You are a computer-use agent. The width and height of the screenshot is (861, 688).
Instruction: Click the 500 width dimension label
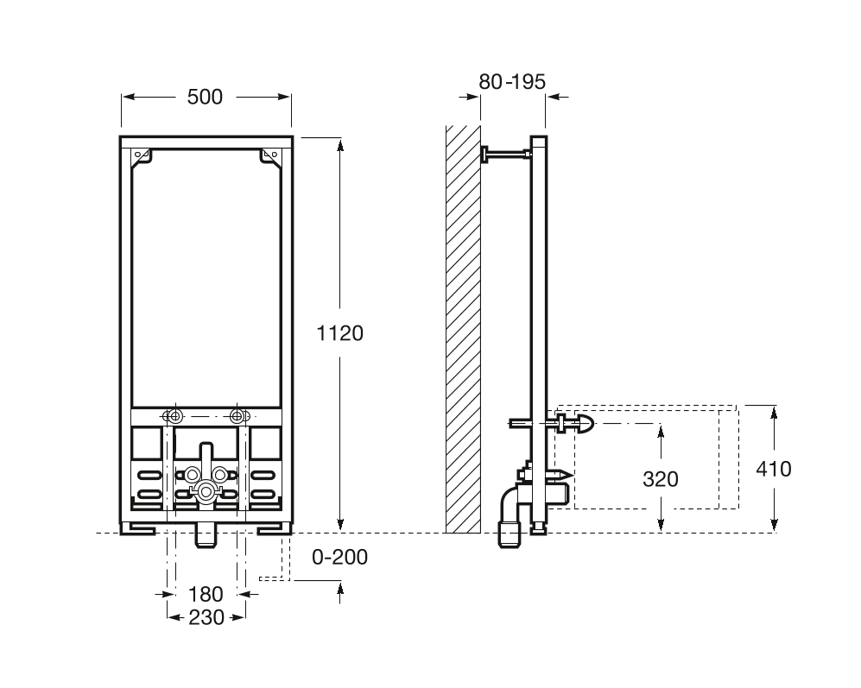[205, 98]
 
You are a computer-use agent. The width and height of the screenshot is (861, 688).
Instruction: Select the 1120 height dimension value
[340, 333]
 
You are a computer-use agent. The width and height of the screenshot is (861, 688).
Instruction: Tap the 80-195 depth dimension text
[512, 82]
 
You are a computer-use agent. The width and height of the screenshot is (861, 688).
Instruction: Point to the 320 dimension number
[661, 479]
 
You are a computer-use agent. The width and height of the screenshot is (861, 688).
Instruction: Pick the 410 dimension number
[774, 469]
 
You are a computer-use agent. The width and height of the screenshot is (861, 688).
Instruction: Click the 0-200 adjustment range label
[340, 558]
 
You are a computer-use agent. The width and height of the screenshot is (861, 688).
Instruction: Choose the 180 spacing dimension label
[206, 594]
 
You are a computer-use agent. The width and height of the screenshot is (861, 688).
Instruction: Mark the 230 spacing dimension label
[206, 618]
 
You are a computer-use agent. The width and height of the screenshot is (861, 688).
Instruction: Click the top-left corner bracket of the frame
[141, 155]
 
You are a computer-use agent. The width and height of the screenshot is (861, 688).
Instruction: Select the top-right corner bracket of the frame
[270, 155]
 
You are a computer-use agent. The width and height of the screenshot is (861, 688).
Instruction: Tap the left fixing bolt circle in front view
[175, 416]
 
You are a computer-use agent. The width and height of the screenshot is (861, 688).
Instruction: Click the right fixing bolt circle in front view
[237, 416]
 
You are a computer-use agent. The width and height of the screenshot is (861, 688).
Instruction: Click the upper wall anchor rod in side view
[507, 155]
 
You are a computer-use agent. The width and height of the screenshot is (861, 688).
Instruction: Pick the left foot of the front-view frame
[138, 528]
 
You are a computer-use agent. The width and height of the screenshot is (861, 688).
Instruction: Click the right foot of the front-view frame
[275, 528]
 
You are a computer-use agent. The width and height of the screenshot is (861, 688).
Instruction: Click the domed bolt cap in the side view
[586, 424]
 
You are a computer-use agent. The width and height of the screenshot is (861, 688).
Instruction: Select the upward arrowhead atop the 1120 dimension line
[340, 146]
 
